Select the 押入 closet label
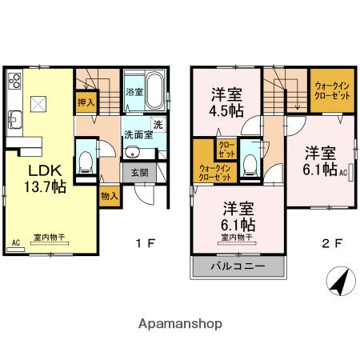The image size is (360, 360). point(86,102)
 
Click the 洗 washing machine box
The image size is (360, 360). point(158,124)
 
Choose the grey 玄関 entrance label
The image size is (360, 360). point(137,172)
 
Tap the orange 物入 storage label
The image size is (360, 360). point(110,195)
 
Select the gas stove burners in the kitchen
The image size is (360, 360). point(15,81)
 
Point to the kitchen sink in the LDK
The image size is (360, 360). point(14,119)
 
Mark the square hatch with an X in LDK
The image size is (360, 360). point(38,102)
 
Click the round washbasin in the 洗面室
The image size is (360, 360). point(134,154)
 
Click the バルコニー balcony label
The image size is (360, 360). point(237,267)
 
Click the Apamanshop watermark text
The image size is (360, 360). point(180,324)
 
